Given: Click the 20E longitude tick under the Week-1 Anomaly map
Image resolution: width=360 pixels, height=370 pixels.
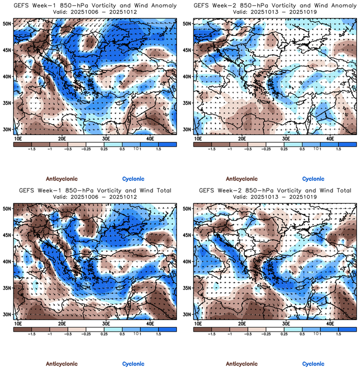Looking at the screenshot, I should click(62, 139).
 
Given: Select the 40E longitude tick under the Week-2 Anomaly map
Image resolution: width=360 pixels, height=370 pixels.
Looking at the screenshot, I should click(330, 139).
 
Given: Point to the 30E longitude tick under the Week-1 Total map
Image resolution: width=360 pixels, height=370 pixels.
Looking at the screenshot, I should click(106, 324).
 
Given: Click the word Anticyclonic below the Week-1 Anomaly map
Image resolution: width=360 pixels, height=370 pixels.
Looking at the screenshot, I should click(62, 179).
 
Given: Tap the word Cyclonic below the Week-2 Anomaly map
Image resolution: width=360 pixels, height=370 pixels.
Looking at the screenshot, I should click(313, 179).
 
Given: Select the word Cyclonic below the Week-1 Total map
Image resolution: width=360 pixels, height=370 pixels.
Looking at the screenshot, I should click(133, 364).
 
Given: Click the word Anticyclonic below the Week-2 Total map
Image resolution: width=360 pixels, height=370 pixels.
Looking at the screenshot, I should click(242, 364).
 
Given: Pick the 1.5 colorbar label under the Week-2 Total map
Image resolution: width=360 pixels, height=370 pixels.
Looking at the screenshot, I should click(338, 334).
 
